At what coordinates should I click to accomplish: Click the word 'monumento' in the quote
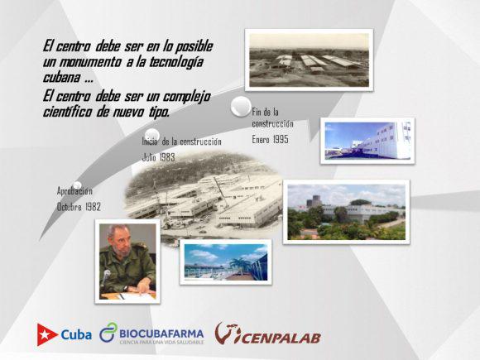[89, 62]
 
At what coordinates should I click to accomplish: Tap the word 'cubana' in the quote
[61, 77]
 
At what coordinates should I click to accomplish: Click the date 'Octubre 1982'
[79, 207]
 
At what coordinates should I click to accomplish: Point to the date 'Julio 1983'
[159, 157]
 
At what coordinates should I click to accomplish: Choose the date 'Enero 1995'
[270, 140]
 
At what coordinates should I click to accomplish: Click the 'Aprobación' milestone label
[74, 191]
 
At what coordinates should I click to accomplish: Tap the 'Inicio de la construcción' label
[181, 142]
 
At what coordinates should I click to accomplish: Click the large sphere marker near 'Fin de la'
[241, 106]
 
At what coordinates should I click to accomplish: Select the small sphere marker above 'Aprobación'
[77, 185]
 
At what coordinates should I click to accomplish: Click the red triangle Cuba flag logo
[47, 334]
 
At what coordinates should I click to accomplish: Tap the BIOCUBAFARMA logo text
[161, 333]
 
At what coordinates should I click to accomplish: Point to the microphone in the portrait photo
[105, 277]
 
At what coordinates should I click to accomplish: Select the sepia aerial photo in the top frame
[310, 60]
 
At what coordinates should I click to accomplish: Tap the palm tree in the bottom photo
[238, 266]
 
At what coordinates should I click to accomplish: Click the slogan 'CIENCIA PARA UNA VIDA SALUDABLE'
[161, 342]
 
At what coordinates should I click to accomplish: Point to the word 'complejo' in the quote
[186, 97]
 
